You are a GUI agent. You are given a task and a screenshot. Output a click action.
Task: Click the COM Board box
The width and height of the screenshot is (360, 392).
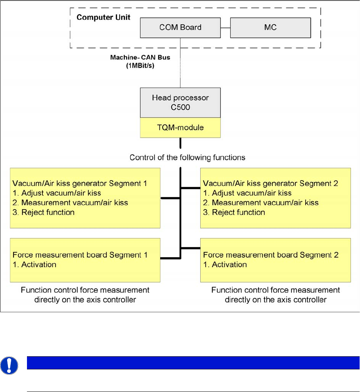[180, 28]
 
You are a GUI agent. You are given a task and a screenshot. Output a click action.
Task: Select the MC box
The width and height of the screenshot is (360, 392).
[270, 28]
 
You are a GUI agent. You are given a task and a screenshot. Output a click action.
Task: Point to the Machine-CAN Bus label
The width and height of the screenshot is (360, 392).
[140, 58]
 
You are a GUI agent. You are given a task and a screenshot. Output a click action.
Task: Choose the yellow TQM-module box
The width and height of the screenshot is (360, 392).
[180, 128]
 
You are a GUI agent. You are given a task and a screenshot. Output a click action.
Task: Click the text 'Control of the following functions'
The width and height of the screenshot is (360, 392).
[188, 158]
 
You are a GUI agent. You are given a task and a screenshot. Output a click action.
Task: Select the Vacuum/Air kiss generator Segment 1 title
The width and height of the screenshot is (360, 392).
[80, 184]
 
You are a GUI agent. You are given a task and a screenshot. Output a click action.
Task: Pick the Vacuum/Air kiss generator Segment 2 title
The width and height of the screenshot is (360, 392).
[271, 184]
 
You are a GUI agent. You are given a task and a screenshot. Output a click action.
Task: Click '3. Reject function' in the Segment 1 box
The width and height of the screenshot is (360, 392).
[44, 212]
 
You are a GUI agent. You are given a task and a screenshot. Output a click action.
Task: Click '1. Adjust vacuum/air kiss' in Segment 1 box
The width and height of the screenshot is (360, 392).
[57, 193]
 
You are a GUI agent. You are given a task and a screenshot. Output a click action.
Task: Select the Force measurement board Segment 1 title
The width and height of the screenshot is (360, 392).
[80, 255]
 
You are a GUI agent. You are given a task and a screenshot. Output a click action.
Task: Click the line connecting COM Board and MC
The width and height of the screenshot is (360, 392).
[225, 28]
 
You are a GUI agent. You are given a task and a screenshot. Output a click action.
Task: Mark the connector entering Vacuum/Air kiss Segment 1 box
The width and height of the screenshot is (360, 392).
[170, 197]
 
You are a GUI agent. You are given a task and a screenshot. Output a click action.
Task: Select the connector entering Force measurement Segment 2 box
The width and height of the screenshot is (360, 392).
[191, 248]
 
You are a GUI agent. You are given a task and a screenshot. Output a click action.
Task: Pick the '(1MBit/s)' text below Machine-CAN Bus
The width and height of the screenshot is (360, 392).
[140, 65]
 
